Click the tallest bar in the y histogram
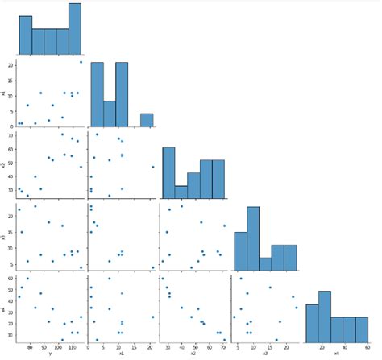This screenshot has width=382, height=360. pos(74,27)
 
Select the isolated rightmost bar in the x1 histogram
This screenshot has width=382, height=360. pos(147,120)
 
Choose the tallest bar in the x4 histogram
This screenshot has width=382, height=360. pos(325,313)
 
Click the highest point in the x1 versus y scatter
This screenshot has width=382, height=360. pos(81,62)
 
